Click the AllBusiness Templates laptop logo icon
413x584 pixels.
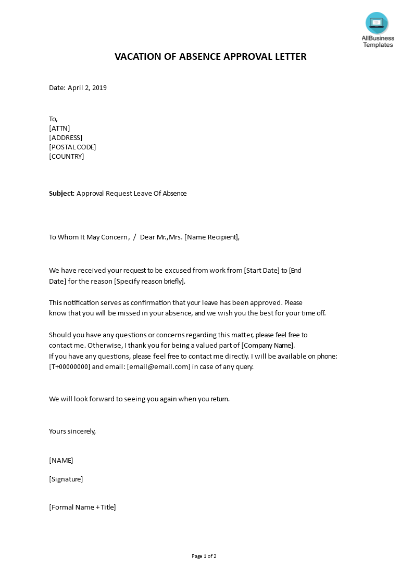click(377, 23)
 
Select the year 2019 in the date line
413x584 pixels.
click(98, 88)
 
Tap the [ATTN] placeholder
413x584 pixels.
click(59, 129)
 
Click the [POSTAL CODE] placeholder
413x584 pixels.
click(72, 147)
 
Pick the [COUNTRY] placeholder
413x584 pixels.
click(66, 157)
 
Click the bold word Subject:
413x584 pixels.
click(61, 194)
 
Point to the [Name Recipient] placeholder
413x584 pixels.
click(211, 237)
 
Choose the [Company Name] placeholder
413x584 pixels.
click(268, 345)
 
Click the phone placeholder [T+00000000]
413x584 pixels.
click(70, 366)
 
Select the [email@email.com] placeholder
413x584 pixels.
click(158, 366)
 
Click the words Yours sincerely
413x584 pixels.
click(72, 431)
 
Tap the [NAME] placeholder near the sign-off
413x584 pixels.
click(61, 460)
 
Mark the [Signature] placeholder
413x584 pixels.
click(66, 479)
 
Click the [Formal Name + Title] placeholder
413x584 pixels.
click(82, 507)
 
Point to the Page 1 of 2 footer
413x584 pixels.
click(204, 556)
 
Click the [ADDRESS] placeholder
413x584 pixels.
click(66, 138)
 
